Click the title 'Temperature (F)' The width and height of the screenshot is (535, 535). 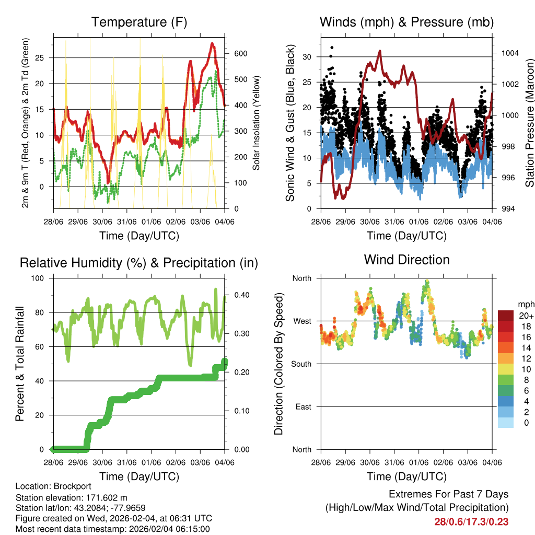[139, 22]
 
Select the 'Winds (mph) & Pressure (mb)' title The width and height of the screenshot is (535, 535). [406, 22]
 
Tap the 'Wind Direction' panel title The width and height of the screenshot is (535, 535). [406, 260]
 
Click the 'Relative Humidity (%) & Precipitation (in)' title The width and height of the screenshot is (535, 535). [139, 263]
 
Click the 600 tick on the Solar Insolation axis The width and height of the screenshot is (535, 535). [240, 54]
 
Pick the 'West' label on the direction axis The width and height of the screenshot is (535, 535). [302, 321]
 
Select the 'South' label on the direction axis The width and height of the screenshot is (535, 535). [301, 364]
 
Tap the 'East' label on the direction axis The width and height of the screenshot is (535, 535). [303, 406]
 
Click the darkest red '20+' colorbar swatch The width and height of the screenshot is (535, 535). [506, 316]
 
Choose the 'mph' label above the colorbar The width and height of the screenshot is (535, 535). [525, 304]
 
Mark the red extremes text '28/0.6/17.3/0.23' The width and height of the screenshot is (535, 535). [471, 521]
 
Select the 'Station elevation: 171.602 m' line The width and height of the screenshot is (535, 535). [72, 497]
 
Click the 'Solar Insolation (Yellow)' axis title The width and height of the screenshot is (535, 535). [257, 123]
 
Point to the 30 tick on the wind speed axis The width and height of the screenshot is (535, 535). [307, 56]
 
